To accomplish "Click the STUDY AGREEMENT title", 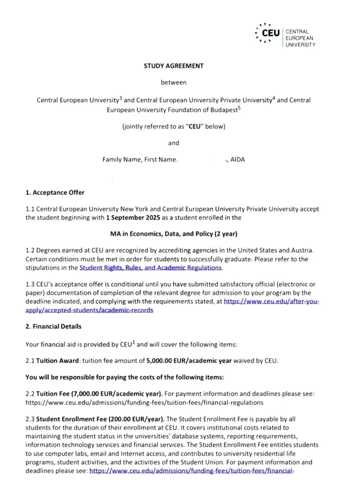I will tap(173, 66).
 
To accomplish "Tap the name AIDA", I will tap(238, 159).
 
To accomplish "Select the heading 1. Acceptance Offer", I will tap(55, 193).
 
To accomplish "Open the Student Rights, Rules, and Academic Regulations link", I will tap(151, 268).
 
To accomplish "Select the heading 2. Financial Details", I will tap(53, 327).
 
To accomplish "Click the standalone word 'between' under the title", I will tap(173, 82).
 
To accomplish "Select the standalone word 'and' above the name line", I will tap(173, 143).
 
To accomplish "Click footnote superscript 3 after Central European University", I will tap(120, 97).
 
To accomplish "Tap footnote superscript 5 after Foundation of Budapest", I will tap(239, 107).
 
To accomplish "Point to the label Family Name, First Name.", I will tap(140, 159).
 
